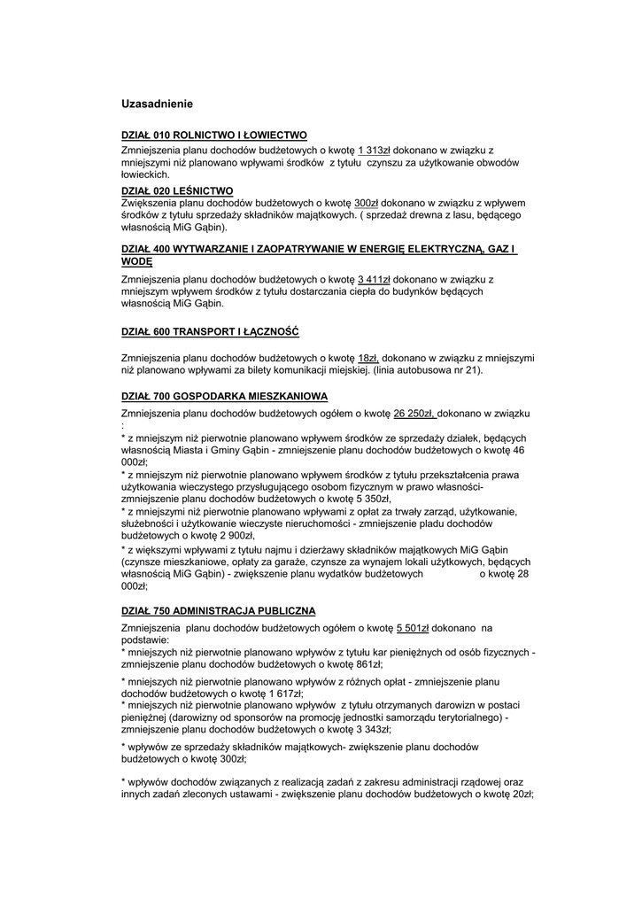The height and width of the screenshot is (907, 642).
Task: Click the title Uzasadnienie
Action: (x=157, y=104)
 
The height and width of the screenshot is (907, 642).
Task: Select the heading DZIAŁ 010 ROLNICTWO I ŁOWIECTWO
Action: (x=213, y=136)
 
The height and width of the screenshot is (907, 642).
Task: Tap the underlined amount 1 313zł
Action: (x=374, y=151)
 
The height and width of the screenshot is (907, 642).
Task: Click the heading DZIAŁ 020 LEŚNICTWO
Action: (x=177, y=190)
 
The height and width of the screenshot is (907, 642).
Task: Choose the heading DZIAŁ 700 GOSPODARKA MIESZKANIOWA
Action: (x=225, y=396)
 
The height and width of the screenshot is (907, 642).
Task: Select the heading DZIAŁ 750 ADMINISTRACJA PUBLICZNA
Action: (x=218, y=611)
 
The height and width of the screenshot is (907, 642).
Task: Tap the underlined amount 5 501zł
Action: (x=412, y=628)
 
